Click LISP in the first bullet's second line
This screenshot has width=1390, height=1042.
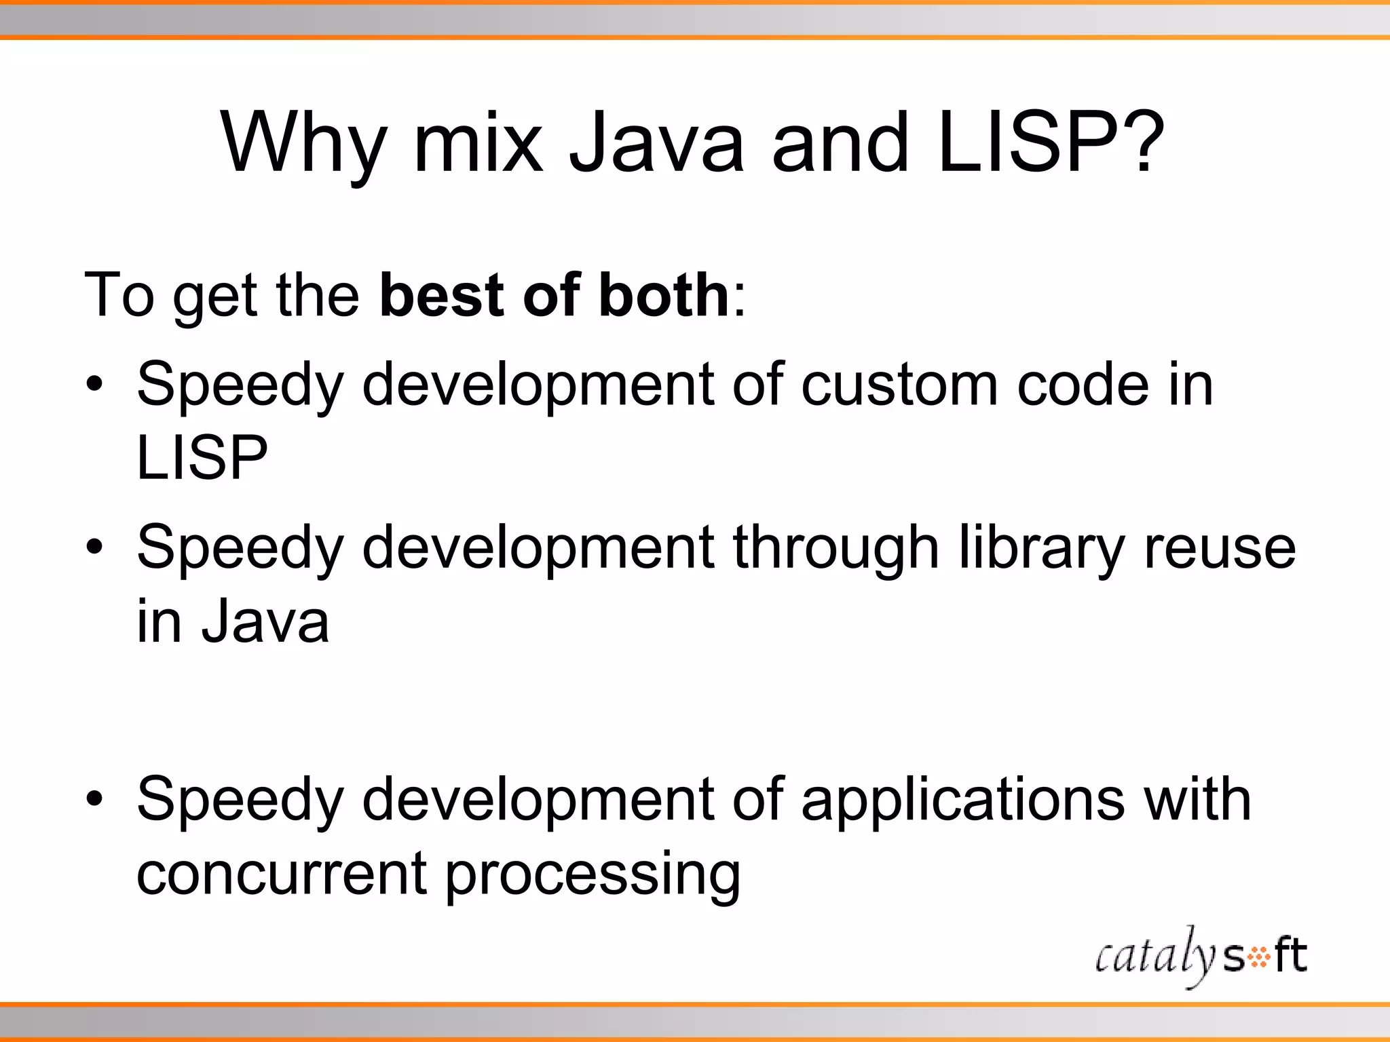click(x=202, y=458)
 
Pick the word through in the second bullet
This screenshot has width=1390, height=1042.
click(x=835, y=548)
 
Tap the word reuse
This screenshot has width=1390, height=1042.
click(x=1220, y=548)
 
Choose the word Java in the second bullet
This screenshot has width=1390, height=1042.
click(x=265, y=621)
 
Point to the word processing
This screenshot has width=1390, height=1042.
click(x=593, y=875)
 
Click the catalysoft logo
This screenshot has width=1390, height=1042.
click(x=1201, y=957)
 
